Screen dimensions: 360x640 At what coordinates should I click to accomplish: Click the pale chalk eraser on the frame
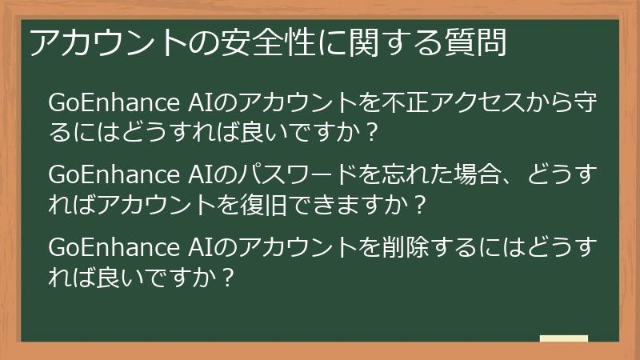point(563,338)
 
